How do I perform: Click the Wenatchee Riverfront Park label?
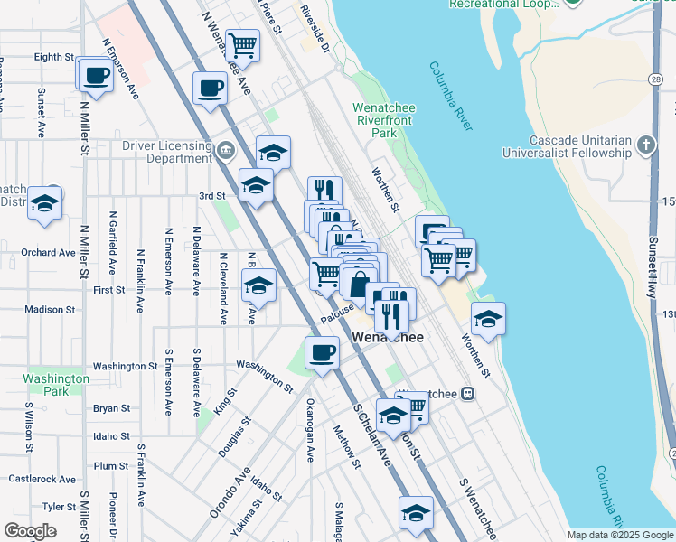384,120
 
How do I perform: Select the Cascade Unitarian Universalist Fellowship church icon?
645,145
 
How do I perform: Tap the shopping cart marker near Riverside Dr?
242,44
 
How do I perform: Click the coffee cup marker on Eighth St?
95,76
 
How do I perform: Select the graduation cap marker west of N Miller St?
43,204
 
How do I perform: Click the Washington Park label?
57,385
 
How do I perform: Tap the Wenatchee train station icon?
468,393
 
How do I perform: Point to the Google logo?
30,531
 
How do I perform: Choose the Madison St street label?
50,309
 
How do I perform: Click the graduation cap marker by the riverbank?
488,319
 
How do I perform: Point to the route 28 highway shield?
653,79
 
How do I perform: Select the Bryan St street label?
111,408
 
